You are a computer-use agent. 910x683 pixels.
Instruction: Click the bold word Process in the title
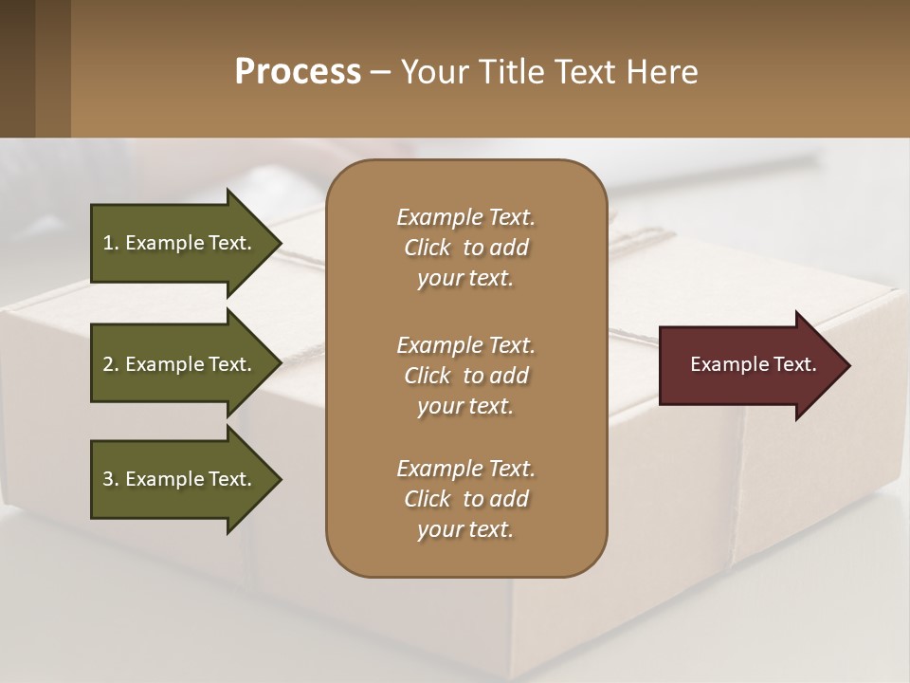tap(298, 72)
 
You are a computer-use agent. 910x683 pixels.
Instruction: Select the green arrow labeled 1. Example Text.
tap(180, 243)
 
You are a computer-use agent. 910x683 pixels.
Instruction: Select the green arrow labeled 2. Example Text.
tap(180, 364)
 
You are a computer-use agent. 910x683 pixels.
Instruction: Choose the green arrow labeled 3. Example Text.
tap(180, 479)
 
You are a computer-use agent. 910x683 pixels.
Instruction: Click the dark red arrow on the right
tap(749, 365)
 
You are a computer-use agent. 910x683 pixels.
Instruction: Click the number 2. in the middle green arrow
tap(111, 364)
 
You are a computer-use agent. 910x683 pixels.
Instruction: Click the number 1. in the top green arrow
tap(111, 243)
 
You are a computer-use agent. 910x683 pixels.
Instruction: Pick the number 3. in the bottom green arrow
tap(111, 479)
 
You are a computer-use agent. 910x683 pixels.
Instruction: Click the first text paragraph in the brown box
tap(465, 248)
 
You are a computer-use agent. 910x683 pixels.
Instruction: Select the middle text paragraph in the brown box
tap(465, 375)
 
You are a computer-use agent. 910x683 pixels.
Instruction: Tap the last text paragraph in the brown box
tap(465, 499)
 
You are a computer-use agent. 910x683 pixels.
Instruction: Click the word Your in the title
tap(435, 72)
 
